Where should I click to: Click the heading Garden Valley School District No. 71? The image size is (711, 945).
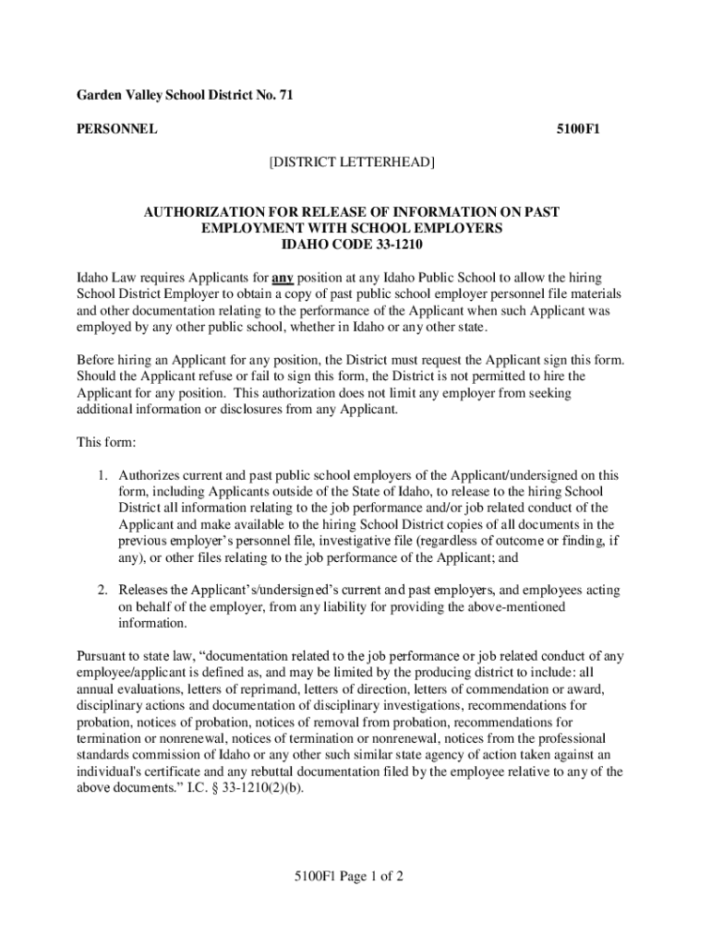pyautogui.click(x=184, y=95)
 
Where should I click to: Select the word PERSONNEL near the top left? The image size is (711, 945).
pyautogui.click(x=115, y=129)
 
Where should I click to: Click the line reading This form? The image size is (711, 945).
pyautogui.click(x=106, y=442)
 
